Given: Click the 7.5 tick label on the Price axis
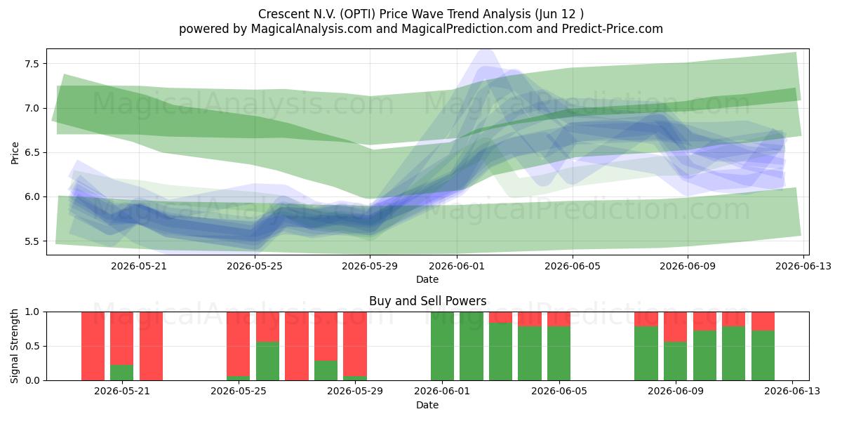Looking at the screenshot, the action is pyautogui.click(x=32, y=64).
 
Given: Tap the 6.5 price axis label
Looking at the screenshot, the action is pyautogui.click(x=32, y=153).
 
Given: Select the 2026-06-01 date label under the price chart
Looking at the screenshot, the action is pyautogui.click(x=457, y=266).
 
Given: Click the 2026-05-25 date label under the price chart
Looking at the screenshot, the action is pyautogui.click(x=255, y=266).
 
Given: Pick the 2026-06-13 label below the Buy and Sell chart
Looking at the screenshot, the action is pyautogui.click(x=792, y=391).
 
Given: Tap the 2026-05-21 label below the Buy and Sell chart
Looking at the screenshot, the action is pyautogui.click(x=122, y=391).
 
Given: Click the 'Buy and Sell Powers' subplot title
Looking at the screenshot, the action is pyautogui.click(x=427, y=301).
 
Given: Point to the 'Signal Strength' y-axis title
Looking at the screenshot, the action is pyautogui.click(x=14, y=346).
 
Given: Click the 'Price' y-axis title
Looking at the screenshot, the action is pyautogui.click(x=15, y=153).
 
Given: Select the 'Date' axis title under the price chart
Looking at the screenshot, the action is pyautogui.click(x=427, y=279).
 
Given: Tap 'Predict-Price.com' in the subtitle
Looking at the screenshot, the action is pyautogui.click(x=613, y=29).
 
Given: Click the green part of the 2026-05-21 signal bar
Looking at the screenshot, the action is pyautogui.click(x=122, y=373).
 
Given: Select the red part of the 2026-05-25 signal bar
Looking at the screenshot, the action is pyautogui.click(x=238, y=344).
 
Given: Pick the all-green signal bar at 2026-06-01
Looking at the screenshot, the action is pyautogui.click(x=443, y=346).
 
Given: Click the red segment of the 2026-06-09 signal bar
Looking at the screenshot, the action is pyautogui.click(x=676, y=327).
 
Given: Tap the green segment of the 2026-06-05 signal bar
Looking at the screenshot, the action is pyautogui.click(x=559, y=354).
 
